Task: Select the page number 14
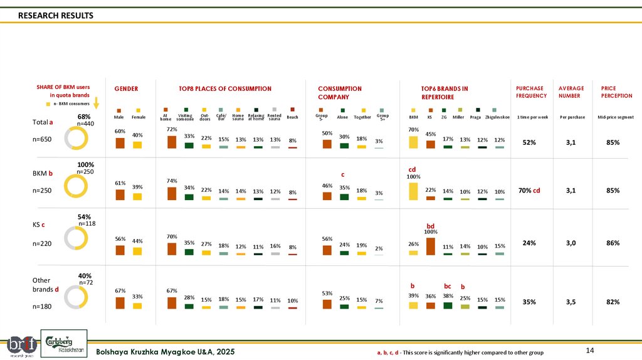pos(589,349)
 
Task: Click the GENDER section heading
pos(125,89)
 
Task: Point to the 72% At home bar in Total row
pos(171,142)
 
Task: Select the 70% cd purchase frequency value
pos(530,191)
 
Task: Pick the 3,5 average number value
pos(571,302)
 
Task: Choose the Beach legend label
pos(292,117)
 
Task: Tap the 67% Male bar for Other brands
pos(120,303)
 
